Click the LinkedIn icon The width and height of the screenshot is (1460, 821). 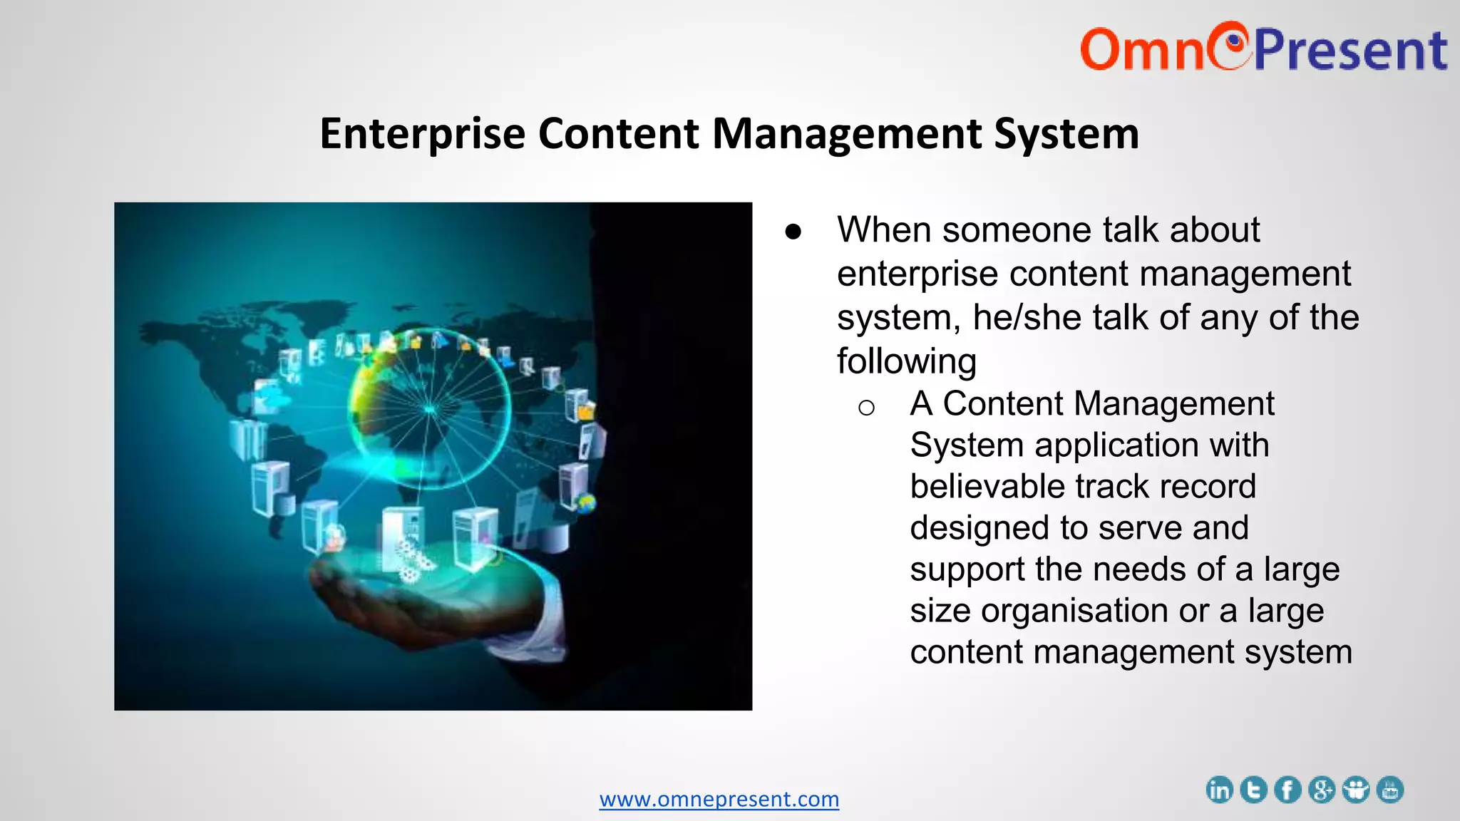tap(1219, 790)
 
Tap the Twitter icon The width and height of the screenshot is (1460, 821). tap(1253, 790)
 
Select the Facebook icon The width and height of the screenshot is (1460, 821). tap(1287, 790)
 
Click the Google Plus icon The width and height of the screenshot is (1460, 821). tap(1322, 790)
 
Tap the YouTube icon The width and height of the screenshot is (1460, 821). tap(1390, 790)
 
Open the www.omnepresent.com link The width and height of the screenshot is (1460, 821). tap(719, 799)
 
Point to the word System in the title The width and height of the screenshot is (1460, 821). tap(1066, 134)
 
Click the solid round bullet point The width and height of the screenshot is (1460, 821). tap(793, 232)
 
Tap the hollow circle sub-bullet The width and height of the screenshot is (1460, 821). tap(866, 408)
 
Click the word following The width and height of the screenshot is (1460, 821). tap(906, 361)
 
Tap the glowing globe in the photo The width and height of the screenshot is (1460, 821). tap(429, 409)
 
